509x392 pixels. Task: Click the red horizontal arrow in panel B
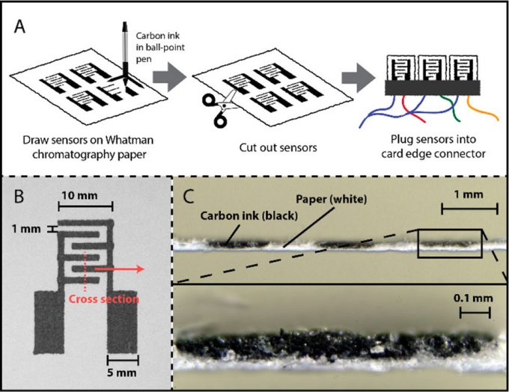pyautogui.click(x=128, y=266)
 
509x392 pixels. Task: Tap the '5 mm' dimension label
pyautogui.click(x=123, y=370)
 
